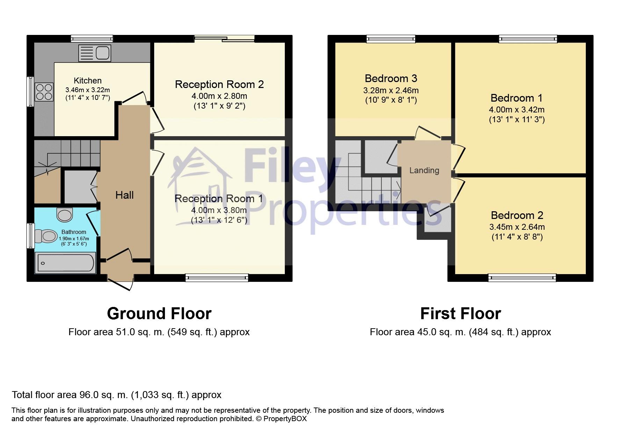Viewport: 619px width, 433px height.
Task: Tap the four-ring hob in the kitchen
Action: coord(44,92)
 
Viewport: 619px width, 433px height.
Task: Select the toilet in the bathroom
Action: coord(46,236)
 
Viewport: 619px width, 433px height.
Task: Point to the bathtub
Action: coord(65,263)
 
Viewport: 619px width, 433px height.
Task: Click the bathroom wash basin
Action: coord(65,214)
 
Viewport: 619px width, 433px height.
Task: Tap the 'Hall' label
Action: coord(124,195)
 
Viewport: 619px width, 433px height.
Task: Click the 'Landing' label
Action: coord(424,170)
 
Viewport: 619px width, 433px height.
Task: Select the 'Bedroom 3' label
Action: coord(391,78)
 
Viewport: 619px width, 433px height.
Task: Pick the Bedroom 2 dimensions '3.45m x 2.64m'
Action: coord(517,227)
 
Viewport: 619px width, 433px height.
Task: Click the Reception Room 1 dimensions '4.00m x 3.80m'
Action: coord(219,210)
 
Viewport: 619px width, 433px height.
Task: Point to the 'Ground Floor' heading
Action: coord(159,314)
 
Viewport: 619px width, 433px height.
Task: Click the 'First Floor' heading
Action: coord(460,314)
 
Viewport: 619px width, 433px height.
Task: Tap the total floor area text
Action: coord(117,395)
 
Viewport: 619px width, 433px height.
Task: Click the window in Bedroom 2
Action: coord(522,278)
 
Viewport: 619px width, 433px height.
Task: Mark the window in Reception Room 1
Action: coord(217,278)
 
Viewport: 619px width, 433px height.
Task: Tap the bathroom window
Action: coord(31,236)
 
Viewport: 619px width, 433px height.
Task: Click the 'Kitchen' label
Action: coord(88,81)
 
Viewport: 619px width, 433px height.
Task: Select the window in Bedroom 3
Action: coord(391,39)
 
